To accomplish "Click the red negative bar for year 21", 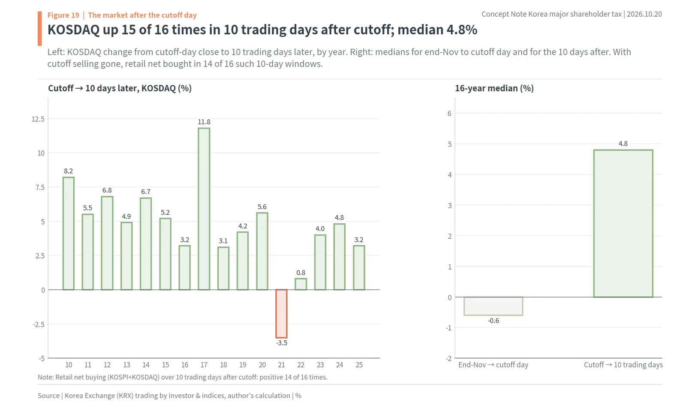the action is (281, 314).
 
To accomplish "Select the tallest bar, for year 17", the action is (204, 209).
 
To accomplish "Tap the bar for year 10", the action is (68, 233).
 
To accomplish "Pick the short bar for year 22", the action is (301, 284).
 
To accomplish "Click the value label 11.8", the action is (204, 122).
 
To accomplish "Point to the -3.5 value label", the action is (281, 343).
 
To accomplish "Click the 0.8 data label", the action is (301, 273).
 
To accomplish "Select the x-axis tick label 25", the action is (359, 365).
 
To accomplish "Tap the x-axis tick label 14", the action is (146, 365).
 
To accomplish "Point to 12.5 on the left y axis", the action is (38, 119).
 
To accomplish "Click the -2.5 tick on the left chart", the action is (39, 324).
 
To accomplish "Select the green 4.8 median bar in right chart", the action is (623, 223).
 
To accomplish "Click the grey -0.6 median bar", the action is (493, 306).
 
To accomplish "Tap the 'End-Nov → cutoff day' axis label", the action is (493, 365).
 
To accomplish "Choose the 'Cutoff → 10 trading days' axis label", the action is (623, 365).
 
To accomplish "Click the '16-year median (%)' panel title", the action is (494, 88).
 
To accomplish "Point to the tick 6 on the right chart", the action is (449, 113).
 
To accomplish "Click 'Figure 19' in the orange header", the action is (63, 15).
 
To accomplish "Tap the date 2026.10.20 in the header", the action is (644, 14).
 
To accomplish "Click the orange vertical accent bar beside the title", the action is (40, 28).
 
